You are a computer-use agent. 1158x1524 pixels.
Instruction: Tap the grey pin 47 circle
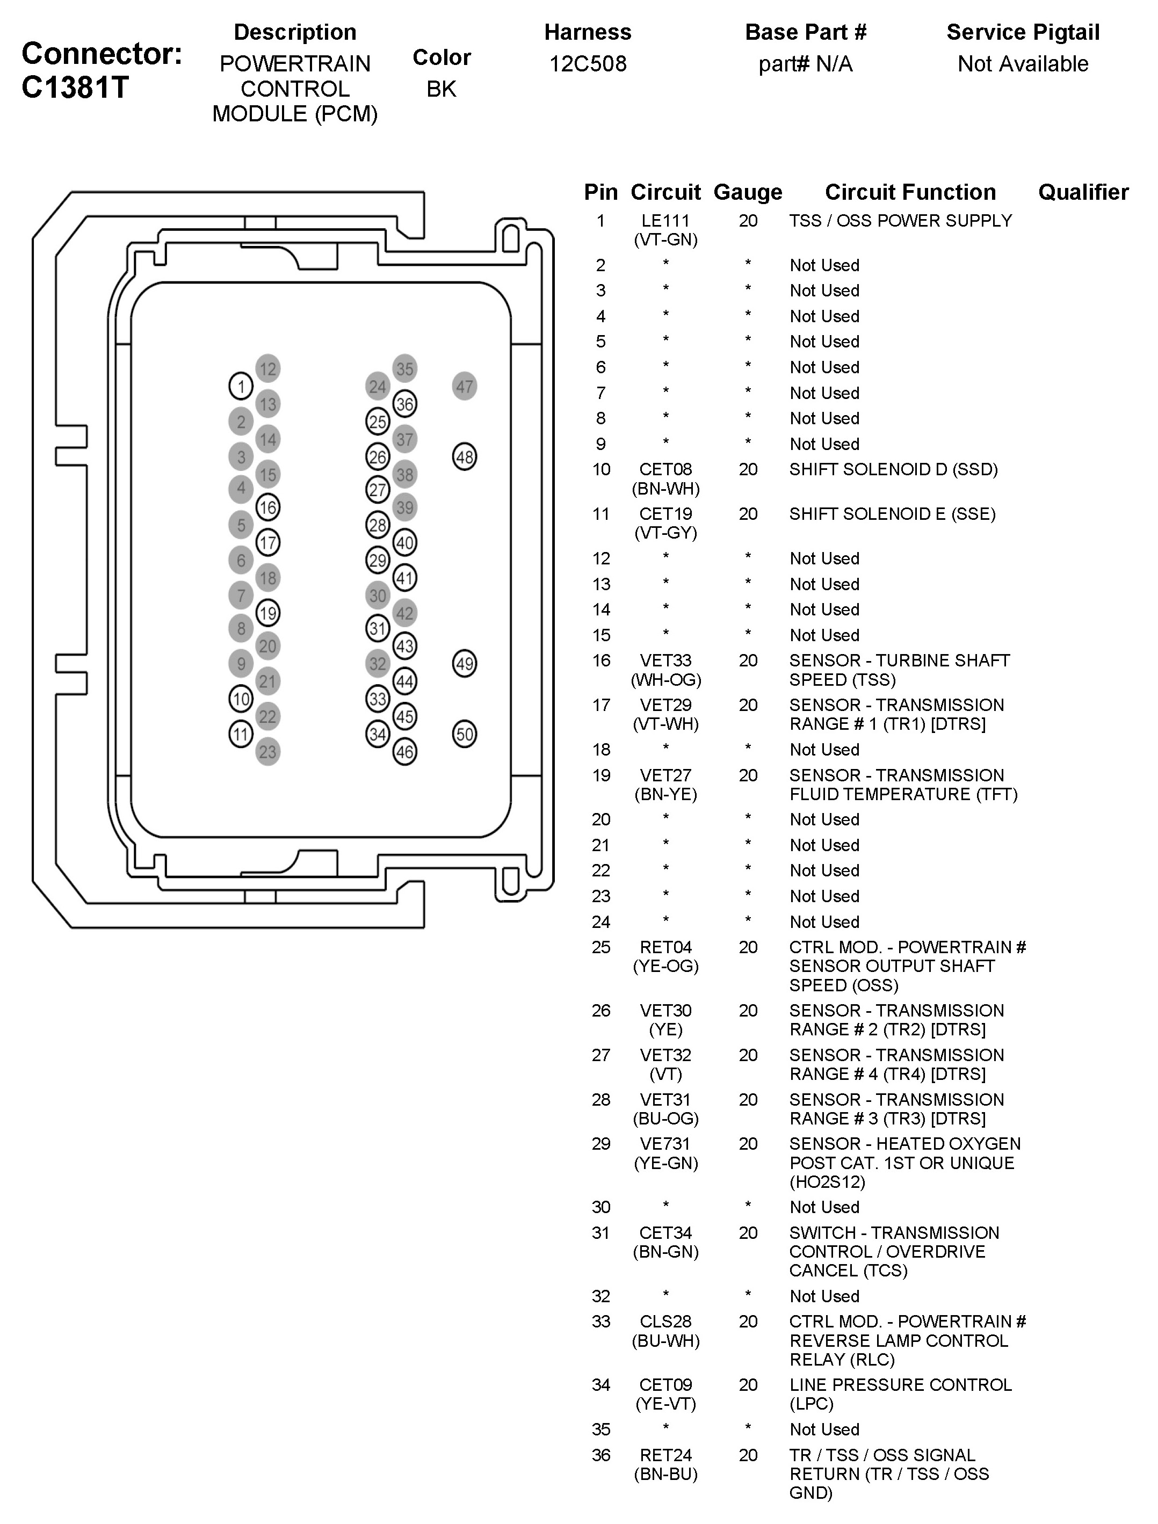click(465, 387)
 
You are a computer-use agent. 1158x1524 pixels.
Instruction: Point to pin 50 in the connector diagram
click(465, 734)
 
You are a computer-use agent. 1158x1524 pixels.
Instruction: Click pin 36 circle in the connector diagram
click(404, 404)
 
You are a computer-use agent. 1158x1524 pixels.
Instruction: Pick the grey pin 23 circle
click(267, 752)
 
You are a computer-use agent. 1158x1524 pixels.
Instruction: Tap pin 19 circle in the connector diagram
click(267, 613)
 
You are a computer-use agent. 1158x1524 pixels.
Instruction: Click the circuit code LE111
click(665, 221)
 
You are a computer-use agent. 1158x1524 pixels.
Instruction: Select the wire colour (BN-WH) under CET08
click(665, 489)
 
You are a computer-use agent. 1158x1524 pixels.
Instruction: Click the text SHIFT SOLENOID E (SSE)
click(892, 514)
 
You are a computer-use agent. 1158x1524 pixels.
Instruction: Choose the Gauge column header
click(748, 192)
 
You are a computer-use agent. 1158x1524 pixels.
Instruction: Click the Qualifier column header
click(1083, 192)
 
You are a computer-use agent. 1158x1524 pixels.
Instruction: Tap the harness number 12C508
click(587, 64)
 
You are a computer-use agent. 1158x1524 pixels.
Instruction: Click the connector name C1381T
click(75, 88)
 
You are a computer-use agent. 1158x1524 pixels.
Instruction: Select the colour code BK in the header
click(441, 89)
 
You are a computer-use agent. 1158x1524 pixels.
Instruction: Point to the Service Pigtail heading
click(1023, 32)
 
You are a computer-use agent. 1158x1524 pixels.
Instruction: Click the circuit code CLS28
click(665, 1322)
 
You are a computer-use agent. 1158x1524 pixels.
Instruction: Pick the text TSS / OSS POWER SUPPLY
click(900, 221)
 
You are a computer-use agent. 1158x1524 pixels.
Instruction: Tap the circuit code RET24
click(665, 1455)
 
